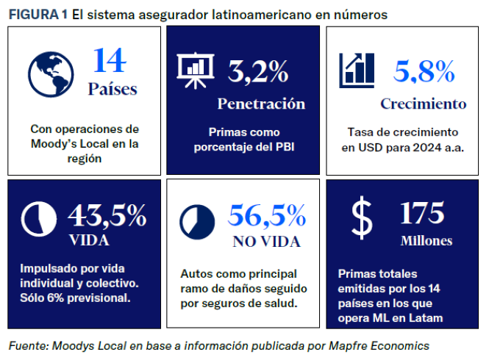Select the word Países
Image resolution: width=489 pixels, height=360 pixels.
pyautogui.click(x=112, y=90)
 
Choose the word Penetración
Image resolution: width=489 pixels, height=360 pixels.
pyautogui.click(x=261, y=103)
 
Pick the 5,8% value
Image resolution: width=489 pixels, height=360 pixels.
pyautogui.click(x=424, y=71)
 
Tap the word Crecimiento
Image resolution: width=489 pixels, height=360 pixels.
pyautogui.click(x=423, y=104)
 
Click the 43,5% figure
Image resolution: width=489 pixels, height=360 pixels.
pyautogui.click(x=107, y=215)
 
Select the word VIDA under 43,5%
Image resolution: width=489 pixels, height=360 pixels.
pyautogui.click(x=88, y=240)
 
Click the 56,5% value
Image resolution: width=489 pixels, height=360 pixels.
pyautogui.click(x=267, y=215)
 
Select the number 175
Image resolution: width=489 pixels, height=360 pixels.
pyautogui.click(x=422, y=213)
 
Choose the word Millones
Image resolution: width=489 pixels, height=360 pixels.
pyautogui.click(x=426, y=240)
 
